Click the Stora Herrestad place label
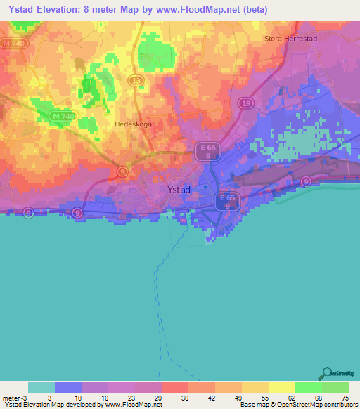coord(291,39)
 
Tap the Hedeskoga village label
coord(133,124)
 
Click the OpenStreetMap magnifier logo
coord(326,373)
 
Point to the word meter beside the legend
coord(10,398)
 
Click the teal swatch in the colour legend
coord(41,387)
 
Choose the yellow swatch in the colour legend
coord(281,387)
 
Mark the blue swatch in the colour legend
coord(68,387)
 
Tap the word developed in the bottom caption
coord(84,405)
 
